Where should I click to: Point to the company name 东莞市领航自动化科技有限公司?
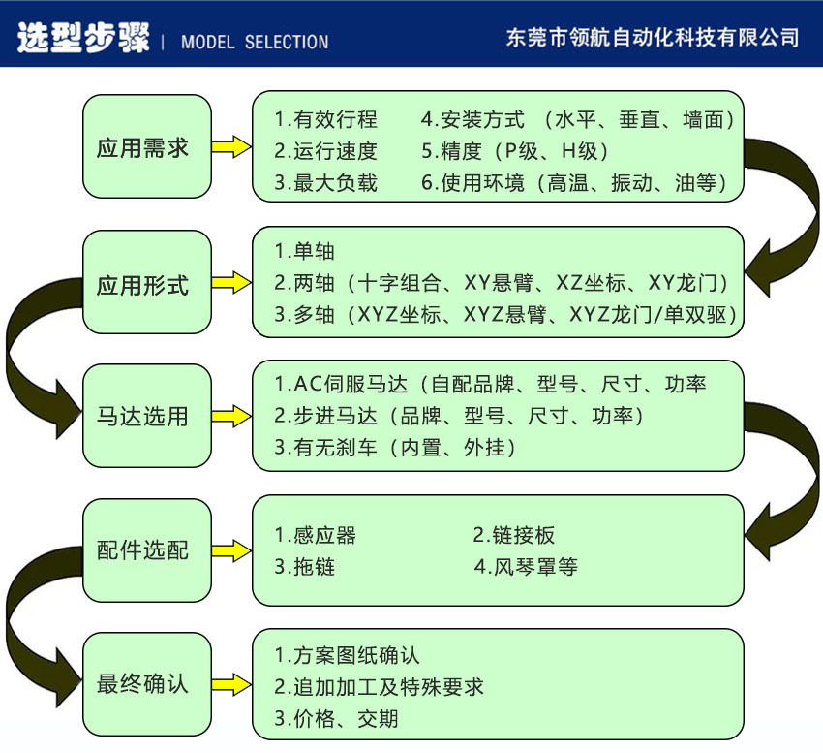coord(653,38)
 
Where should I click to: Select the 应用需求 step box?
coord(146,147)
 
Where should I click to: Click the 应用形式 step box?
coord(146,285)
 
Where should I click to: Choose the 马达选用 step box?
coord(146,417)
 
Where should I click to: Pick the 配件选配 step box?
coord(146,550)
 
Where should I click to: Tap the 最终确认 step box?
coord(146,683)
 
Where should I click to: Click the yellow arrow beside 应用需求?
coord(231,147)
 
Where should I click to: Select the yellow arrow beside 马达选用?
coord(231,417)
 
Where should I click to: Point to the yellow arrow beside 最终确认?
coord(231,683)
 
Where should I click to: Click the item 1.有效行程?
coord(325,120)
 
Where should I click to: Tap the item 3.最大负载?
coord(325,182)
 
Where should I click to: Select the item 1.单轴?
coord(304,251)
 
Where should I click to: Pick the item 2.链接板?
coord(513,535)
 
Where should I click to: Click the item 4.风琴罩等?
coord(526,567)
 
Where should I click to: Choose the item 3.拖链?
coord(304,567)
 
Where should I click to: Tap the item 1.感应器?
coord(315,535)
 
